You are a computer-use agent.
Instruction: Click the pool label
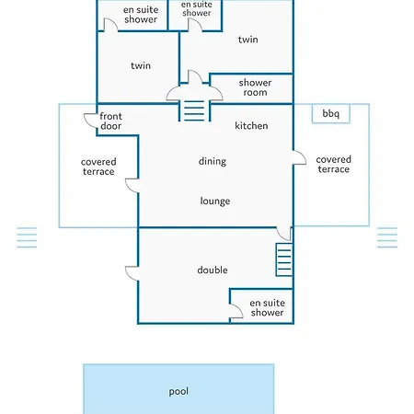coord(178,392)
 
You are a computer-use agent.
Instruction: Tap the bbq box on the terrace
coord(331,114)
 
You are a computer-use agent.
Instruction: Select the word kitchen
coord(251,126)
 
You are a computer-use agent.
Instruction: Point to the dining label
coord(213,161)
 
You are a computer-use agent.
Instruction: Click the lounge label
coord(215,201)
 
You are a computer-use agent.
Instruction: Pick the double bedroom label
coord(213,270)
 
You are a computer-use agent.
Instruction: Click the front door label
coord(110,121)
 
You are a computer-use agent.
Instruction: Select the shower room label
coord(255,87)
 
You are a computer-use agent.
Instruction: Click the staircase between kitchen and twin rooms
coord(194,111)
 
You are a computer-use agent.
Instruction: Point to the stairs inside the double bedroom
coord(284,259)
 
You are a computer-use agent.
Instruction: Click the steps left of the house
coord(27,237)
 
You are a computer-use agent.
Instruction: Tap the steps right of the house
coord(387,237)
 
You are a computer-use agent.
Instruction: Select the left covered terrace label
coord(98,167)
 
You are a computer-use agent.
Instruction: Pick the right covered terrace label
coord(333,165)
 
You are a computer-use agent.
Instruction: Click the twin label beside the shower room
coord(247,40)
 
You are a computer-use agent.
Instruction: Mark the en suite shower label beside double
coord(267,307)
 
